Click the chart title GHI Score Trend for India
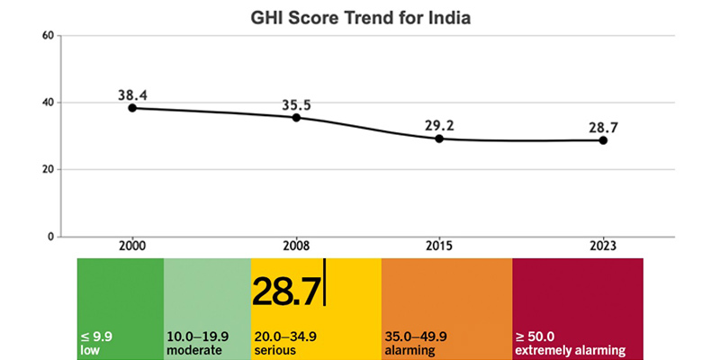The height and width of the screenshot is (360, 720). pos(360,16)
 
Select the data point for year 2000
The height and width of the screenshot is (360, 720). pos(132,108)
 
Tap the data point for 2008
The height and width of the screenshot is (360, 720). pos(296,118)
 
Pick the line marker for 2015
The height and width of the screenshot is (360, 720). pos(439,139)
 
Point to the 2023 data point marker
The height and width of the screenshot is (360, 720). pos(603,140)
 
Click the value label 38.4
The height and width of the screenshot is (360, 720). pos(132,93)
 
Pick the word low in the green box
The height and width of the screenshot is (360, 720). pos(88,350)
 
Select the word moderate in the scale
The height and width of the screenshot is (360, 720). pos(195,350)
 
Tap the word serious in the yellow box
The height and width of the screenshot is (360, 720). pos(274,350)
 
